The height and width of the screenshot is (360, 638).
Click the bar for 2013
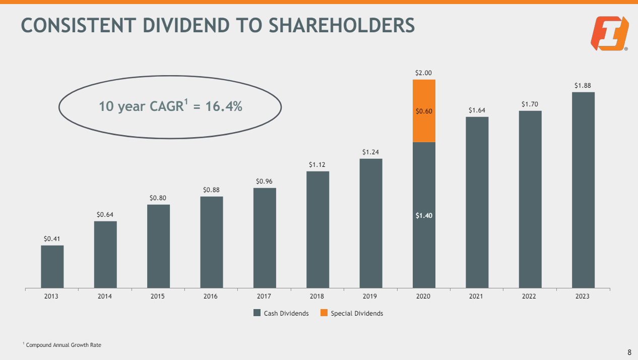pos(52,267)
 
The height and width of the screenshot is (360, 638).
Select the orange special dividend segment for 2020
pos(424,111)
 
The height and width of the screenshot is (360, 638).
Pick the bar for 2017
pos(265,238)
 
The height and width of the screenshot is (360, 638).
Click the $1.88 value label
pos(583,86)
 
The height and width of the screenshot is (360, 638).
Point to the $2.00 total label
pos(423,73)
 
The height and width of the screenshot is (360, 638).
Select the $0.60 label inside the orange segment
pos(424,111)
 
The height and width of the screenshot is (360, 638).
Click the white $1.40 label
pos(424,215)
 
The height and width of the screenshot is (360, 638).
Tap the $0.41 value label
pos(52,238)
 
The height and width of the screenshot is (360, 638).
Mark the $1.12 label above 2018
pos(317,164)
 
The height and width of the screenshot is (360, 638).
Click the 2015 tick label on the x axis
pos(158,296)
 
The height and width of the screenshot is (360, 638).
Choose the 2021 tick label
pos(476,296)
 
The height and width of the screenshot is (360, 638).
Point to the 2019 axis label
pos(370,296)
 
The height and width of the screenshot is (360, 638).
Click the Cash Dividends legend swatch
pos(257,313)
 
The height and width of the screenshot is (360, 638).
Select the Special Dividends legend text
pos(357,313)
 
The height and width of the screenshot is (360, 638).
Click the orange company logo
pos(610,33)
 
